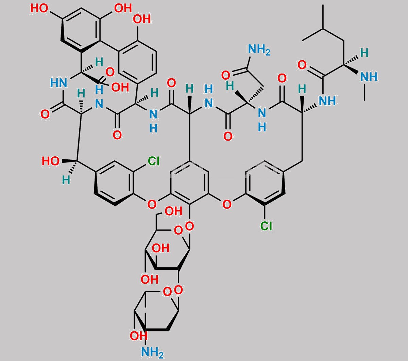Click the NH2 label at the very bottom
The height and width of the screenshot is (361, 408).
tap(152, 352)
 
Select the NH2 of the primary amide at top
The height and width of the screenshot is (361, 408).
tap(259, 49)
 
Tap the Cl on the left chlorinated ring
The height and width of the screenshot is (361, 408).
tap(154, 161)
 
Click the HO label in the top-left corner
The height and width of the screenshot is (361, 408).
tap(39, 9)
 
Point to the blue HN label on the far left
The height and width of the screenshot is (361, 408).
tap(58, 83)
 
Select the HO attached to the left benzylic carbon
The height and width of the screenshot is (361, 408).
tap(51, 161)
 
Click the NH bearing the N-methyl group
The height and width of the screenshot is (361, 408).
tap(369, 77)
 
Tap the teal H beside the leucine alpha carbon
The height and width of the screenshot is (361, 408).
tap(364, 53)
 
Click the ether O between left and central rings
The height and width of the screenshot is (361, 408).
tap(152, 204)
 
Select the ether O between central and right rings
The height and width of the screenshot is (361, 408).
tap(227, 204)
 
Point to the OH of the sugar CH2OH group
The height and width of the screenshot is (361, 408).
tap(174, 211)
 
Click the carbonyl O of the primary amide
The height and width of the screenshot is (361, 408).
tap(225, 75)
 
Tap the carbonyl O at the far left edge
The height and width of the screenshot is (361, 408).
tap(45, 114)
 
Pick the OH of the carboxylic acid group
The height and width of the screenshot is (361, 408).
tap(120, 87)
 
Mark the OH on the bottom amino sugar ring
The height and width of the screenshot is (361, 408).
tap(138, 336)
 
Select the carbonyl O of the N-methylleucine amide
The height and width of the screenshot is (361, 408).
tap(302, 65)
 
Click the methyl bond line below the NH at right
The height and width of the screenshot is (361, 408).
tap(364, 92)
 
